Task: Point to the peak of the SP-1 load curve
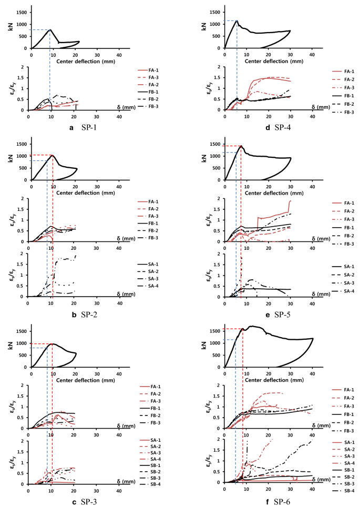[50, 29]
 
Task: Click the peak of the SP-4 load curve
[237, 21]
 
